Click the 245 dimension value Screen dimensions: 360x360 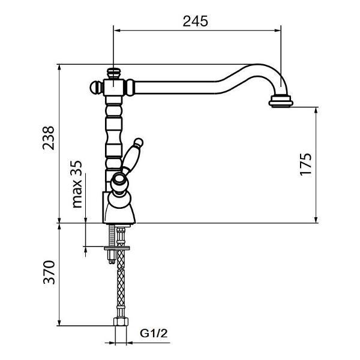tap(196, 21)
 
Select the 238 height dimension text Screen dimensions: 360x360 tap(49, 138)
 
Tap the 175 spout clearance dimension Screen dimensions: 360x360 tap(306, 164)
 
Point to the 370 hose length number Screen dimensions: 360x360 tap(49, 272)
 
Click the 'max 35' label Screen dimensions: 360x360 tap(77, 184)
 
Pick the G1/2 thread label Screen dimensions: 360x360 tap(154, 333)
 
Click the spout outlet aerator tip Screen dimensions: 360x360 tap(281, 101)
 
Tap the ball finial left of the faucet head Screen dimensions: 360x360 tap(97, 88)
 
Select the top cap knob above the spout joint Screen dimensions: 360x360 tap(113, 73)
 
